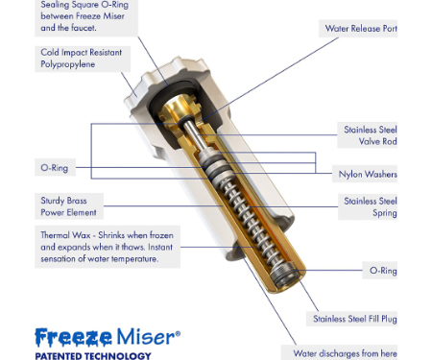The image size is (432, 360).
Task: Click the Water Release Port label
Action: pos(361,29)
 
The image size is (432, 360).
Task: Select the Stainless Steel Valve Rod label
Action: pos(371,135)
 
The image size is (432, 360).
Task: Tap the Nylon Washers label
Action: pos(368,174)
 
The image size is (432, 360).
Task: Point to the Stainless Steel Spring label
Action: pos(371,207)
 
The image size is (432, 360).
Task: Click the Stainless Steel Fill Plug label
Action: pos(355,319)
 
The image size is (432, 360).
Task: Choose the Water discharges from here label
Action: pos(345,353)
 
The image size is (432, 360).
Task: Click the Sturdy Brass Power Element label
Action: pos(68,206)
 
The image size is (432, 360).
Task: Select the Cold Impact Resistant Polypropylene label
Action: pos(82,59)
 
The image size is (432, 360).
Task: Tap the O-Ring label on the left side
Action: pos(55,168)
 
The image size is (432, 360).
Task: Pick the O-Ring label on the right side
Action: pos(383,271)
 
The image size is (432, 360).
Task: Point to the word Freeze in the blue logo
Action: pos(73,338)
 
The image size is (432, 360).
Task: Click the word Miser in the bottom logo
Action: pos(146,337)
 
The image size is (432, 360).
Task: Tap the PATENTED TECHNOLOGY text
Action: pos(93,356)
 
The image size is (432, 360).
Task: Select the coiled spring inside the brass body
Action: pos(248,218)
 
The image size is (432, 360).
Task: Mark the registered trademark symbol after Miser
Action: pos(178,333)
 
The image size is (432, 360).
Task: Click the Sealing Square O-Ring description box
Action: pos(86,18)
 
